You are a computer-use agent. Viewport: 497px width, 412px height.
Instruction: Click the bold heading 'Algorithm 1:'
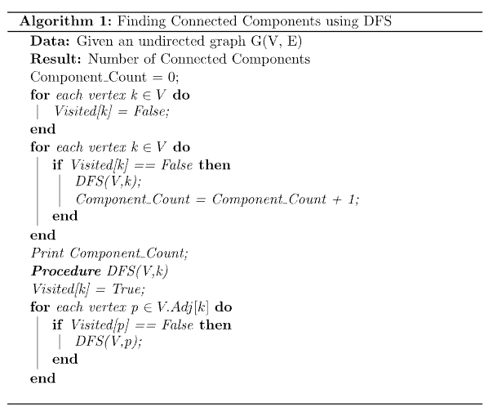[x=65, y=21]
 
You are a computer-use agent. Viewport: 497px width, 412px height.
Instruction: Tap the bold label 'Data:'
[x=50, y=41]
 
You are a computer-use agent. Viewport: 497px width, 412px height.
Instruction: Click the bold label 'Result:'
[x=55, y=59]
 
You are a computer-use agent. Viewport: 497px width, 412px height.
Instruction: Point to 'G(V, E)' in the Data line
[x=276, y=41]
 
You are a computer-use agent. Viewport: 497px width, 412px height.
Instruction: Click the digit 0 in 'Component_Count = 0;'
[x=171, y=77]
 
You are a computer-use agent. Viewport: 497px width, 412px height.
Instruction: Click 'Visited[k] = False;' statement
[x=112, y=111]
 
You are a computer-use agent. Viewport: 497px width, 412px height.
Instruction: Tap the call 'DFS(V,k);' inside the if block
[x=108, y=181]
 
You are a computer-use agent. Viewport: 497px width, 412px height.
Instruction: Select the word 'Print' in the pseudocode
[x=47, y=253]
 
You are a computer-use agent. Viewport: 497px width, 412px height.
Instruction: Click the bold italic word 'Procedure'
[x=66, y=271]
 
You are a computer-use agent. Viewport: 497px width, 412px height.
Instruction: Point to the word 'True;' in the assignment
[x=129, y=289]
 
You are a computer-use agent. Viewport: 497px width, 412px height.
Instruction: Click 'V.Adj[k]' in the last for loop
[x=183, y=307]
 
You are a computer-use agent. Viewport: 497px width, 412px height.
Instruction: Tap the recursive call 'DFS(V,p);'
[x=109, y=342]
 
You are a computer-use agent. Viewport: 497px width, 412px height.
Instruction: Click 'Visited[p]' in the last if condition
[x=100, y=325]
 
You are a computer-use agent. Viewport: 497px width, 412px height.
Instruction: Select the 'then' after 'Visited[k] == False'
[x=215, y=165]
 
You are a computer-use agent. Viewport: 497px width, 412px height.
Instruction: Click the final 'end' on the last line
[x=42, y=378]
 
